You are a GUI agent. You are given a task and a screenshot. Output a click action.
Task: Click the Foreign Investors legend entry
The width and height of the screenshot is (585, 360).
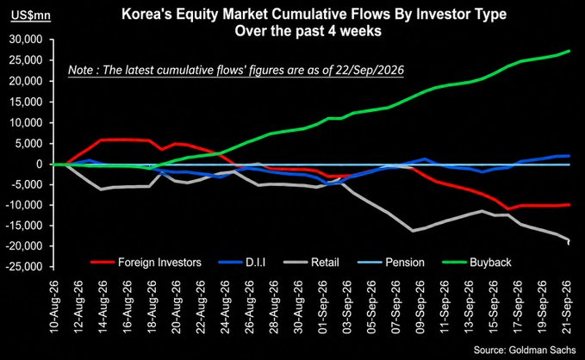coord(146,263)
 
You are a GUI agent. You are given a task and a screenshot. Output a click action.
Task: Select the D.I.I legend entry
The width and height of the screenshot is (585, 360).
coord(242,263)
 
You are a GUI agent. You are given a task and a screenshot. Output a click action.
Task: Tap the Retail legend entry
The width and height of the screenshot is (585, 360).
coord(312,263)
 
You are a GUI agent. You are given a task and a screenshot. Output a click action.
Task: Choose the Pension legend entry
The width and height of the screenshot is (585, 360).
coord(391,263)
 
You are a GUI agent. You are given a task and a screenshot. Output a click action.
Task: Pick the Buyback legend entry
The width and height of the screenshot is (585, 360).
coord(476,263)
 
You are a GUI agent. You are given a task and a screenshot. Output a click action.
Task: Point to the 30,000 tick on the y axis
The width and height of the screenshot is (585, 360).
coord(26,40)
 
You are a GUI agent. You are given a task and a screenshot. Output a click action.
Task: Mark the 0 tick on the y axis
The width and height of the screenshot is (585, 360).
coord(39,164)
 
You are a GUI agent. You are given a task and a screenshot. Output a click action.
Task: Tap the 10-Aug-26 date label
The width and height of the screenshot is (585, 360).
coord(55,307)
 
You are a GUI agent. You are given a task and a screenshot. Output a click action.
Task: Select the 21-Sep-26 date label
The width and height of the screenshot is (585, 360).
coord(567,307)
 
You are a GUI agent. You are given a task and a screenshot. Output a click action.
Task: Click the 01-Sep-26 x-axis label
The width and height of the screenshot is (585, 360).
coord(323,307)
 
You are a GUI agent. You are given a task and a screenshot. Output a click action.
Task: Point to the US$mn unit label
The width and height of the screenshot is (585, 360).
coord(31,16)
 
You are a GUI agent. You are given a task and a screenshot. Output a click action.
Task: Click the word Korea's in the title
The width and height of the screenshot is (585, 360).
coord(146,14)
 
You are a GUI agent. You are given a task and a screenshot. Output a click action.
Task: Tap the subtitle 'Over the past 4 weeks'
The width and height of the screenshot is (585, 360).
coord(308,31)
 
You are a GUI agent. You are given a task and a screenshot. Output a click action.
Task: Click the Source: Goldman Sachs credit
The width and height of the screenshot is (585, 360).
coord(525,350)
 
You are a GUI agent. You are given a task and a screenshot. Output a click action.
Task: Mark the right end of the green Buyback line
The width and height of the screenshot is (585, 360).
coord(569,50)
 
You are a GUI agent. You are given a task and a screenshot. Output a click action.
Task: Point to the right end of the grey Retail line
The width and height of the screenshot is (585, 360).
coord(569,240)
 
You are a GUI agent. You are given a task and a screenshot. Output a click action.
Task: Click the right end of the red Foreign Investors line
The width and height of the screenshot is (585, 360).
coord(569,204)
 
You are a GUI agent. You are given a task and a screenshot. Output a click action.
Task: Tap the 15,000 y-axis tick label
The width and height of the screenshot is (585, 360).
coord(26,102)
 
